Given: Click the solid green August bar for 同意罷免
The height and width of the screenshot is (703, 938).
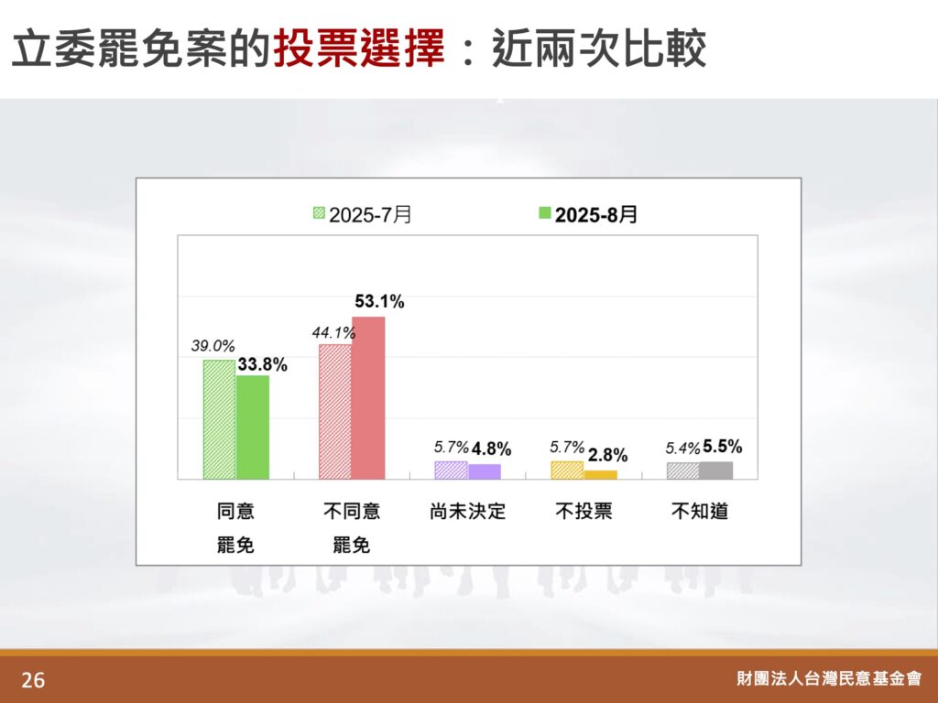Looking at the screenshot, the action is pyautogui.click(x=253, y=427).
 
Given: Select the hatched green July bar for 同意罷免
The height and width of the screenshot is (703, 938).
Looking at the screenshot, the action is pyautogui.click(x=220, y=419).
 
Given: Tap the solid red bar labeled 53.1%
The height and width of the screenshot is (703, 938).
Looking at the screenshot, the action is pyautogui.click(x=368, y=397).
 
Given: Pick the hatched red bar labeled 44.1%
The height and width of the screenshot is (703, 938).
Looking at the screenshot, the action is pyautogui.click(x=335, y=411).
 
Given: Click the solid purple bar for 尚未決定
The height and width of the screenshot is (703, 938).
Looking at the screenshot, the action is pyautogui.click(x=484, y=471).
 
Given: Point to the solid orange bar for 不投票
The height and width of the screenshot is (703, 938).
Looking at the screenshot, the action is pyautogui.click(x=600, y=475).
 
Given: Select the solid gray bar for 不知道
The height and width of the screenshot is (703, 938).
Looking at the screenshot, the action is pyautogui.click(x=716, y=470).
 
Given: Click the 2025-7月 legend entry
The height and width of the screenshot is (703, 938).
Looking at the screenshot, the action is pyautogui.click(x=363, y=214).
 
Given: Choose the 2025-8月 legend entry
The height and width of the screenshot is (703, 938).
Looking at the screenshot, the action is pyautogui.click(x=588, y=214).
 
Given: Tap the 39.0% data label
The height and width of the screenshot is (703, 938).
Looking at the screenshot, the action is pyautogui.click(x=213, y=345).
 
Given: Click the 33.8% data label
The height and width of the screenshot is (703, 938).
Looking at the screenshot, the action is pyautogui.click(x=263, y=364).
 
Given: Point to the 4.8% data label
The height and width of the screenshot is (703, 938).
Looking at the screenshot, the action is pyautogui.click(x=492, y=449).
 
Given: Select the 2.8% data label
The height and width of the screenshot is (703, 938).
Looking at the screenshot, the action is pyautogui.click(x=608, y=456).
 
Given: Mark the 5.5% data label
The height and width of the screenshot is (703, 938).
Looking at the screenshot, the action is pyautogui.click(x=723, y=447).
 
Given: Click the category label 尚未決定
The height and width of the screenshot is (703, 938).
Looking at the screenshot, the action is pyautogui.click(x=468, y=511).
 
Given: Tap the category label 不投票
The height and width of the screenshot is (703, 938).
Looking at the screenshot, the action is pyautogui.click(x=584, y=511).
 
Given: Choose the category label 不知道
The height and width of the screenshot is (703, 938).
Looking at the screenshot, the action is pyautogui.click(x=700, y=511).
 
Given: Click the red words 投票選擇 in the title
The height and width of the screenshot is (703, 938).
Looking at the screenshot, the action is pyautogui.click(x=359, y=48).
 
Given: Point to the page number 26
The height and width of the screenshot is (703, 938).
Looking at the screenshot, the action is pyautogui.click(x=33, y=680).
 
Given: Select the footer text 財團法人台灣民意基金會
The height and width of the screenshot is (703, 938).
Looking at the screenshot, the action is pyautogui.click(x=829, y=678).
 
